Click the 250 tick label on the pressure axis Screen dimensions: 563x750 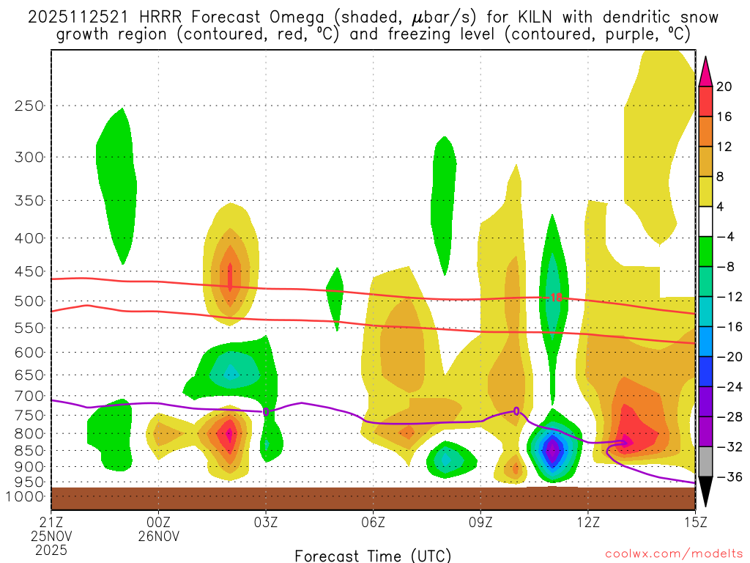(x=29, y=106)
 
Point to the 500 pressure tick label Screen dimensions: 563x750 (x=29, y=301)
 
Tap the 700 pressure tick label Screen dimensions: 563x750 (x=29, y=396)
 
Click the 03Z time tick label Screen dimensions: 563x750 (x=266, y=523)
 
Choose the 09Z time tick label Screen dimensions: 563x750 (x=480, y=523)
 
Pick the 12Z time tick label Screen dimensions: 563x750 (x=588, y=523)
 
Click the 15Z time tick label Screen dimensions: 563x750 (x=695, y=523)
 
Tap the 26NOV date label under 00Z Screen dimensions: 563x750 (x=159, y=536)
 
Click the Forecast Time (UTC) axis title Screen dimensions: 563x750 (x=373, y=555)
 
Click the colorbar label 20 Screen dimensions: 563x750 (x=724, y=87)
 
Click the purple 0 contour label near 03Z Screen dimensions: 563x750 (x=266, y=411)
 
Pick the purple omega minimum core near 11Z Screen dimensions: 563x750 (x=554, y=450)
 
